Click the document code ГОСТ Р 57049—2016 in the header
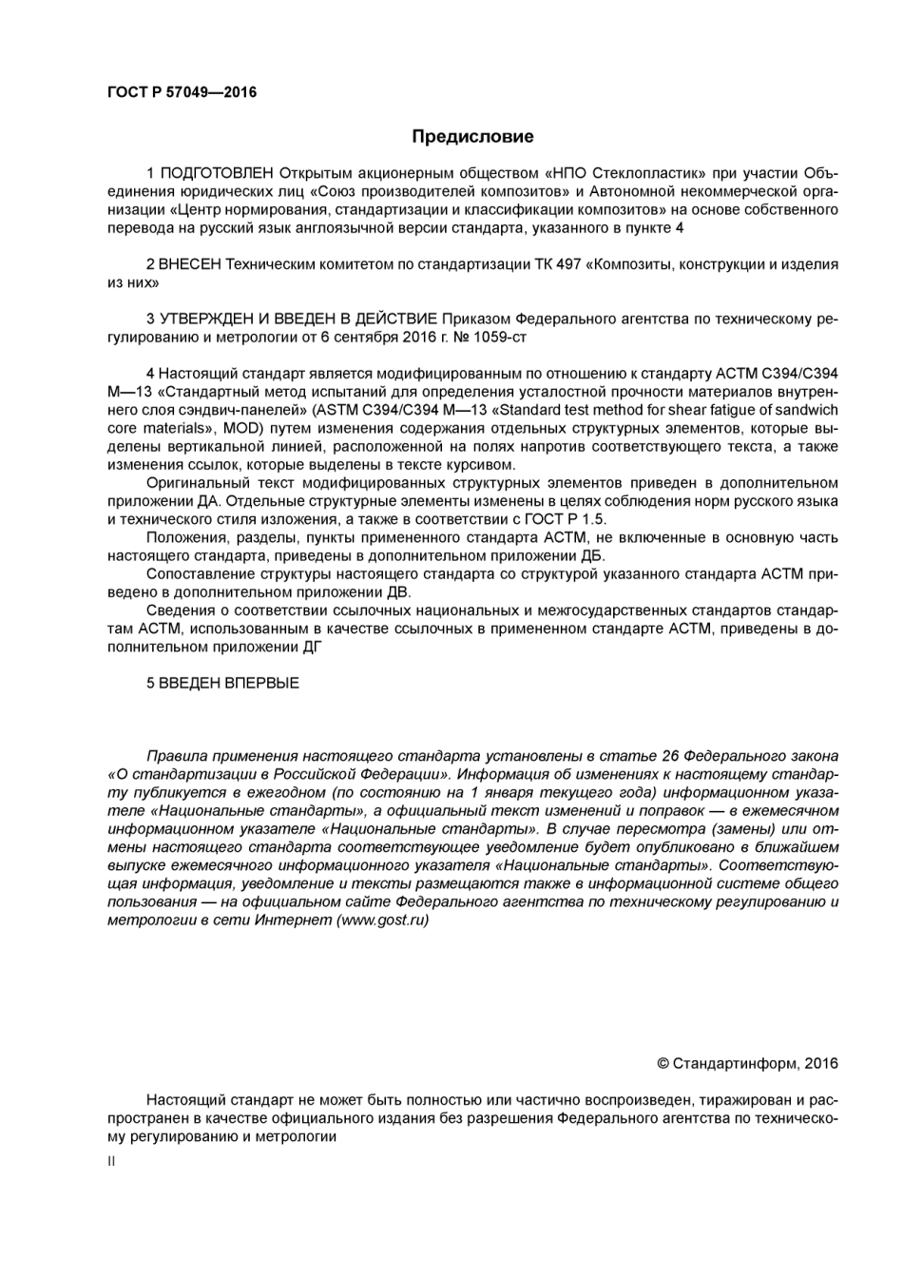181,92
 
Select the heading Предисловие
472,137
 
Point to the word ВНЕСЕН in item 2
191,264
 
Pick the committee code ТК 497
558,264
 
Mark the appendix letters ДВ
398,591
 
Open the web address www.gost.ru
382,920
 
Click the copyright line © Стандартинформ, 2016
747,1063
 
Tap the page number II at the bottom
111,1161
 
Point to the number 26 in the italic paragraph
668,756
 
